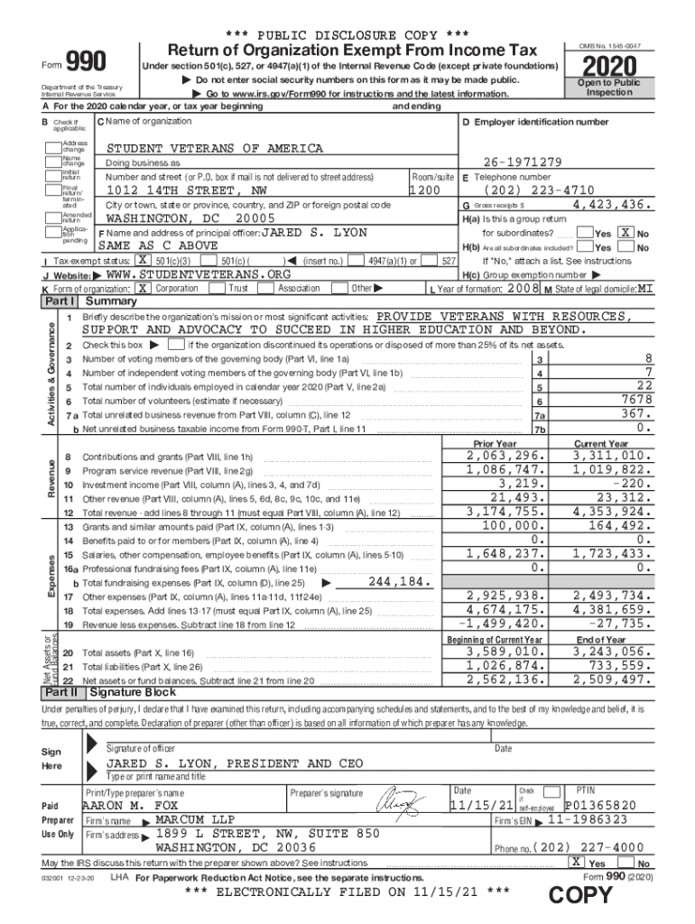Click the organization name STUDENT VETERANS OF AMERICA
(x=215, y=148)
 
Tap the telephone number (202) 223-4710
(x=540, y=190)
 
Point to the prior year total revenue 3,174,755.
(x=506, y=511)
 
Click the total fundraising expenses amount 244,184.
(x=400, y=582)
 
